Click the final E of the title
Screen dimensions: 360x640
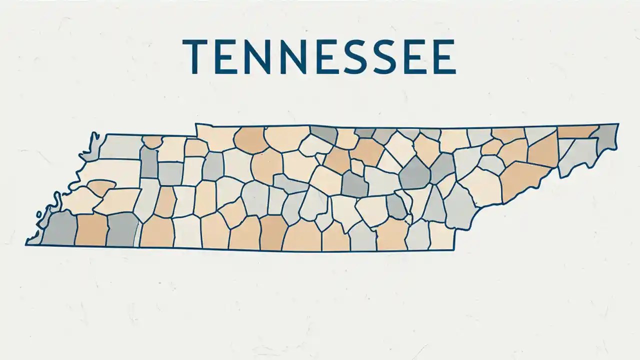(x=444, y=57)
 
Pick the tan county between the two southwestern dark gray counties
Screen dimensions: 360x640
(x=91, y=230)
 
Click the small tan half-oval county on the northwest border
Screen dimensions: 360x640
(x=152, y=142)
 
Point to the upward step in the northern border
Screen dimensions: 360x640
(x=195, y=129)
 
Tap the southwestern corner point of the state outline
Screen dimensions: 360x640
(x=26, y=244)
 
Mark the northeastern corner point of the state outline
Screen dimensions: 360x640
(x=618, y=123)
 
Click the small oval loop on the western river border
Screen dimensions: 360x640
(x=38, y=215)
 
